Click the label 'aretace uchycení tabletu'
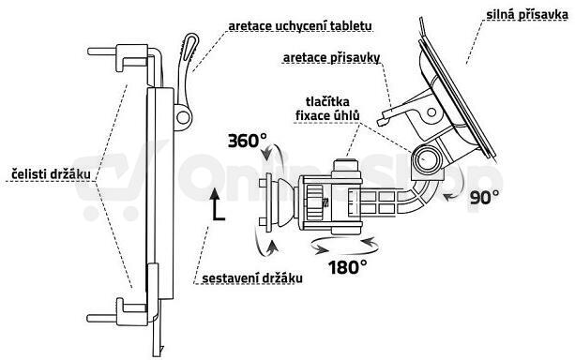pyautogui.click(x=300, y=26)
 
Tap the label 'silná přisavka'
pyautogui.click(x=527, y=15)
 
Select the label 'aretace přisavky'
pyautogui.click(x=331, y=58)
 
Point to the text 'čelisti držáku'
pyautogui.click(x=51, y=173)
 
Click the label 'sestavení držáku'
pyautogui.click(x=252, y=278)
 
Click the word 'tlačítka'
pyautogui.click(x=327, y=101)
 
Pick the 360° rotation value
pyautogui.click(x=248, y=141)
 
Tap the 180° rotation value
pyautogui.click(x=347, y=267)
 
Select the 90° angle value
pyautogui.click(x=484, y=197)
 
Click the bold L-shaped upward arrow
pyautogui.click(x=217, y=205)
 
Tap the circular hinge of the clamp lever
pyautogui.click(x=183, y=117)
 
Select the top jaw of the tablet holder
pyautogui.click(x=125, y=57)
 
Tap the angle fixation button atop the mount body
pyautogui.click(x=345, y=165)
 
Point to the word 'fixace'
pyautogui.click(x=311, y=116)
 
